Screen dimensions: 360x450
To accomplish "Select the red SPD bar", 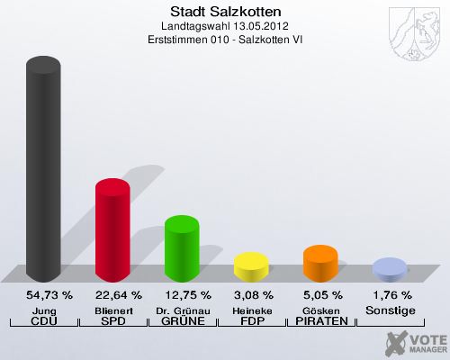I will point(112,229).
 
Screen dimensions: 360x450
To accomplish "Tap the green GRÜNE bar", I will point(182,248).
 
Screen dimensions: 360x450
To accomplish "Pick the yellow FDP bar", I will point(251,266).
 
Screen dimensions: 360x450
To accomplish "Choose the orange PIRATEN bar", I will point(320,262).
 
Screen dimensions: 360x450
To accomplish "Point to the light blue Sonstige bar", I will point(390,269).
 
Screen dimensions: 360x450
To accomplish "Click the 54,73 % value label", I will point(43,295).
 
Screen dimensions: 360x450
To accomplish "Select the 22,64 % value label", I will point(112,295).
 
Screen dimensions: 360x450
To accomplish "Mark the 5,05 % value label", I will point(320,295).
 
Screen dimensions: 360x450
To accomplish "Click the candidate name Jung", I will point(43,310).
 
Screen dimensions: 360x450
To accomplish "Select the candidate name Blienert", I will point(112,310).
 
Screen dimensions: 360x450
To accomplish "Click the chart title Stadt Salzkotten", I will point(224,12).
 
